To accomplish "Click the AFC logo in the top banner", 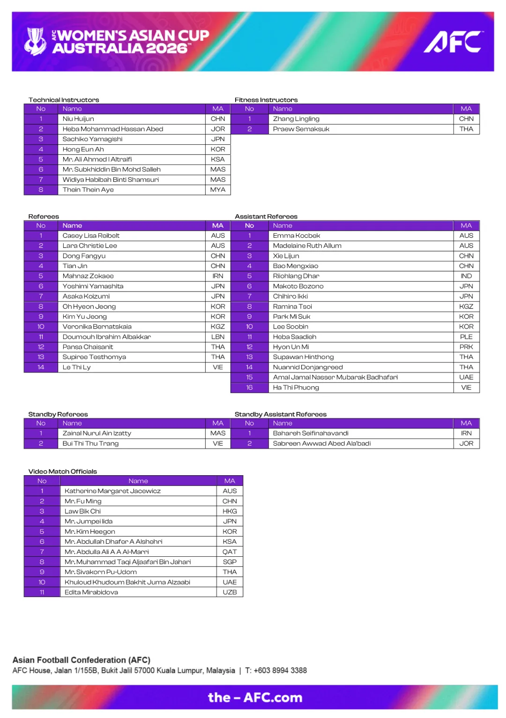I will click(453, 42).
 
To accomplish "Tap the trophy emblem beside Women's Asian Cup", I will click(35, 41).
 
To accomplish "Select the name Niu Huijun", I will click(78, 119).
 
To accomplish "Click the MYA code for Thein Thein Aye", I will click(218, 190).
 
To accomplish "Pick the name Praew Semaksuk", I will click(301, 129).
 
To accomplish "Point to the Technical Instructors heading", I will click(64, 100).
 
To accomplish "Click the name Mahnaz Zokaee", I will click(88, 276).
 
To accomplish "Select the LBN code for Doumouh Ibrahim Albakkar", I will click(218, 337).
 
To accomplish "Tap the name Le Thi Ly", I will click(76, 367).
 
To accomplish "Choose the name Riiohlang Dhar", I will click(296, 276).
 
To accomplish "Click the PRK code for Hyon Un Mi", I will click(466, 347).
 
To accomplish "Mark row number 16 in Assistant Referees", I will click(249, 388).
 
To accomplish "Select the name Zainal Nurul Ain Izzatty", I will click(97, 434).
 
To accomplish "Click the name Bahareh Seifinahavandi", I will click(311, 434).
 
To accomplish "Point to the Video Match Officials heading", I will click(63, 471).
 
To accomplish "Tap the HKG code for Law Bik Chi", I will click(230, 511).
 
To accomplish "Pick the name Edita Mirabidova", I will click(91, 592).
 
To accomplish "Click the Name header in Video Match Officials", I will click(138, 481).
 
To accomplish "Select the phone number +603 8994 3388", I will click(280, 671).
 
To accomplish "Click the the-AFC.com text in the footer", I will click(255, 697).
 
